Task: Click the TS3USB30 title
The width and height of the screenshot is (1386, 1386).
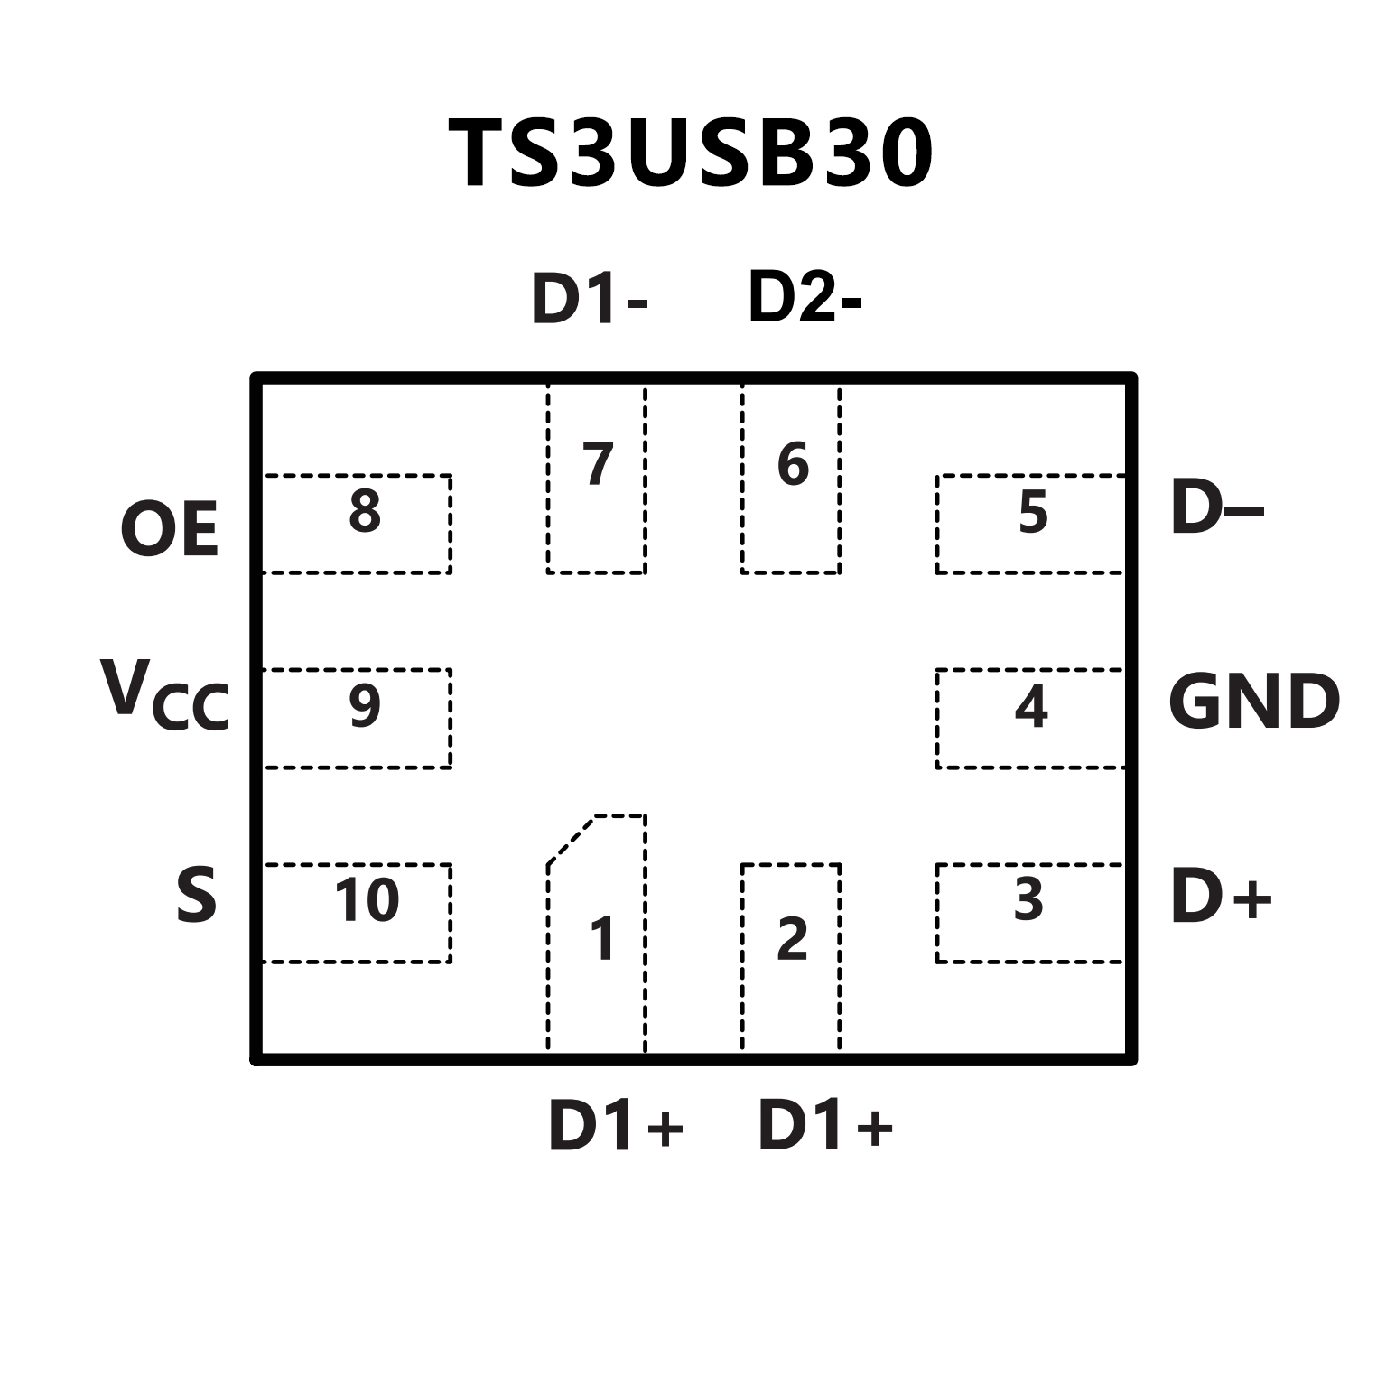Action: (x=691, y=154)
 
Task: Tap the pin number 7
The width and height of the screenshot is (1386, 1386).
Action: (x=598, y=464)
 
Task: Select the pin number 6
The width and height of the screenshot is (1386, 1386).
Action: (x=793, y=464)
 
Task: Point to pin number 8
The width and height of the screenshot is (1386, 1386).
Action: (x=365, y=510)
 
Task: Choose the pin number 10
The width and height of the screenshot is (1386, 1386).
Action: (x=367, y=899)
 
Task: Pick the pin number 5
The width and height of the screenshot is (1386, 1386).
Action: (x=1032, y=512)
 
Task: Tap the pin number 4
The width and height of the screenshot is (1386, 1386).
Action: (x=1031, y=706)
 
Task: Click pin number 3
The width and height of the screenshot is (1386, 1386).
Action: (x=1028, y=899)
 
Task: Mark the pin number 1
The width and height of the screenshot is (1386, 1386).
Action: (x=602, y=939)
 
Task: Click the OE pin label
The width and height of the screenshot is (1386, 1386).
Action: (x=170, y=530)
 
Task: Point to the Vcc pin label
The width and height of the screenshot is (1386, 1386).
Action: (x=164, y=696)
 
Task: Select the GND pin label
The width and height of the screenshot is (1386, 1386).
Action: (x=1253, y=702)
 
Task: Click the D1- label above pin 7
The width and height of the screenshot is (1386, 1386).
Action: (x=589, y=298)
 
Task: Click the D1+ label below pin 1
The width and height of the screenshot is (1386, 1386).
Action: (x=616, y=1126)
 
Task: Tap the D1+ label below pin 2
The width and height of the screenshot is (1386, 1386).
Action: (x=825, y=1126)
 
